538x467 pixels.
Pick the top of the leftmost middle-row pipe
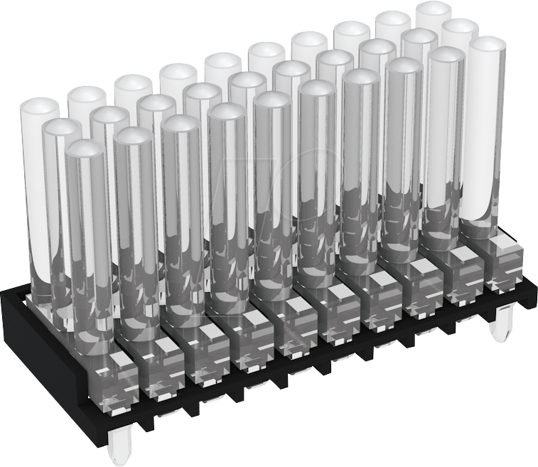63,128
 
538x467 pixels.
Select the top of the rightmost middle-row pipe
460,29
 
